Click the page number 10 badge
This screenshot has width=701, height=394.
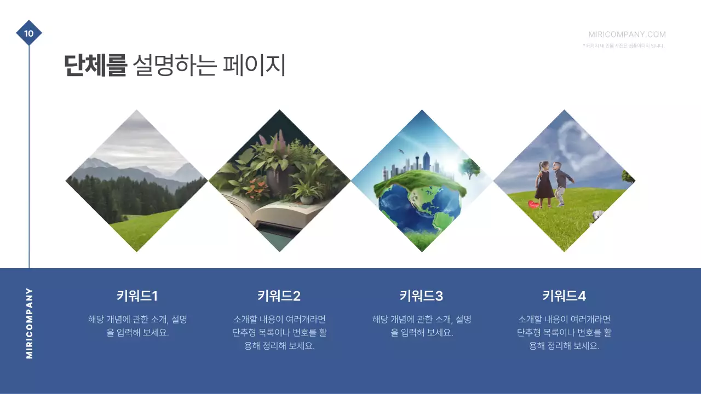click(29, 33)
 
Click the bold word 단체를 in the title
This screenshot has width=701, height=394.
click(95, 66)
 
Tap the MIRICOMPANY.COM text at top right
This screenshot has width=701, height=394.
click(627, 34)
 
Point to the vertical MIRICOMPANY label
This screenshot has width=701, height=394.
click(30, 323)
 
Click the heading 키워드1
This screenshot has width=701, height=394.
click(137, 296)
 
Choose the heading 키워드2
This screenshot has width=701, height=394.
click(279, 296)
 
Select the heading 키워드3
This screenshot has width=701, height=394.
click(421, 296)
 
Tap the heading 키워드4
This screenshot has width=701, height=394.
click(564, 296)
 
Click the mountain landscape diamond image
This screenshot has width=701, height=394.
click(137, 181)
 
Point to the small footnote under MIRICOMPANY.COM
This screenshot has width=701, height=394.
click(624, 46)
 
